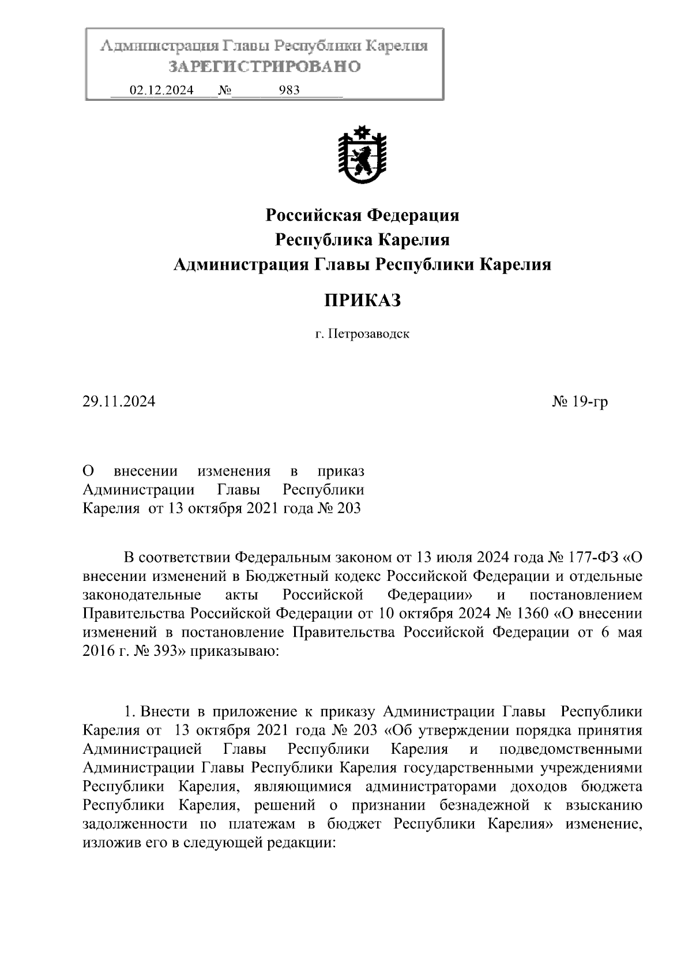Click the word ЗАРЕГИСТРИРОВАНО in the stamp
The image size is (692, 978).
point(265,67)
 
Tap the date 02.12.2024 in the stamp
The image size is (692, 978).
point(161,90)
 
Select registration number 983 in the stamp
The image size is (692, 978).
point(289,90)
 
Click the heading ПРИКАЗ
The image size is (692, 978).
point(362,300)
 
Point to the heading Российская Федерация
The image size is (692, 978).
point(362,216)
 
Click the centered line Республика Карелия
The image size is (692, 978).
point(362,240)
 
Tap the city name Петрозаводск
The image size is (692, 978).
point(369,334)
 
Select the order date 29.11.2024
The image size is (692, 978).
point(119,402)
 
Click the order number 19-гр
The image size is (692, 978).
point(589,402)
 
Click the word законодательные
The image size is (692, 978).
point(142,595)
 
